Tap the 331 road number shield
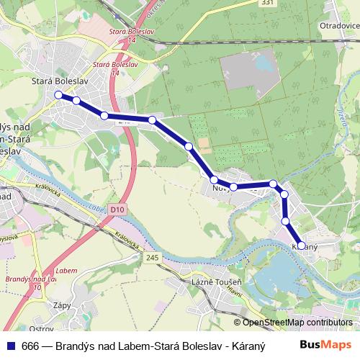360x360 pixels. [x=248, y=4]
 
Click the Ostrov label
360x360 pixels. [x=41, y=328]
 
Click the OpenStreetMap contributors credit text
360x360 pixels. [x=297, y=323]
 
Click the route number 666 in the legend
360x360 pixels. [x=30, y=343]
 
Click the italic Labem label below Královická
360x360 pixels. [x=66, y=270]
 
